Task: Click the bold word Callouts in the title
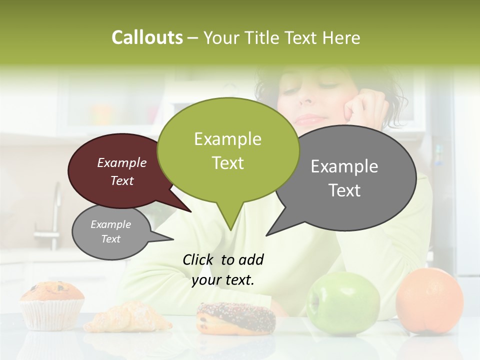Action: [x=147, y=37]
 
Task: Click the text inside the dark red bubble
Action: [x=122, y=171]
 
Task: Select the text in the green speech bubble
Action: [x=227, y=150]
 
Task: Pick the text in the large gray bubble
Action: [x=344, y=178]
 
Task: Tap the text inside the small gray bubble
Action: [x=110, y=231]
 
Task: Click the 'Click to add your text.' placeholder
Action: [x=223, y=269]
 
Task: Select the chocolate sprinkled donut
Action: [x=236, y=318]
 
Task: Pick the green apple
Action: [x=343, y=303]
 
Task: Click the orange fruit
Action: [x=429, y=300]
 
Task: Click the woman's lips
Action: [x=311, y=119]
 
